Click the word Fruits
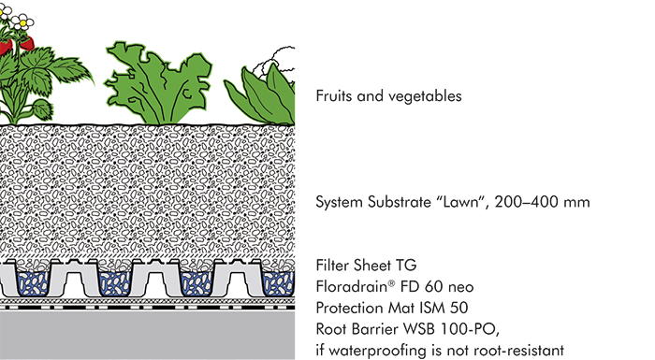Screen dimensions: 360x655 click(334, 96)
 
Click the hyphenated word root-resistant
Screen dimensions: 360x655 click(514, 351)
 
